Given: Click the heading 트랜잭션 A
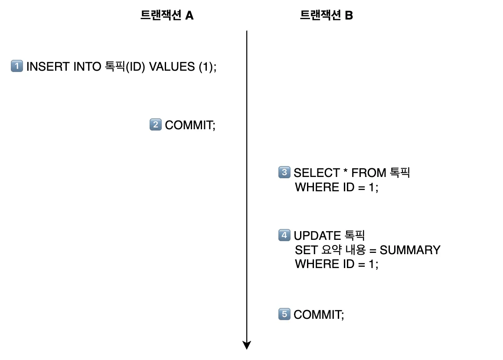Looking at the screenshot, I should pyautogui.click(x=167, y=16).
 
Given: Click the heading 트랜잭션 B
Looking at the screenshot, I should pyautogui.click(x=327, y=16).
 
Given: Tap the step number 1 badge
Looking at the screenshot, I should pyautogui.click(x=16, y=66).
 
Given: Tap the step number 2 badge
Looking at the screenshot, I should pyautogui.click(x=155, y=125).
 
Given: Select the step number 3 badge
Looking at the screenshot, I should pyautogui.click(x=284, y=172).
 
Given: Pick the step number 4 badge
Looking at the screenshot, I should pyautogui.click(x=284, y=236).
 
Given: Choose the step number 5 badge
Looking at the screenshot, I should pyautogui.click(x=284, y=314).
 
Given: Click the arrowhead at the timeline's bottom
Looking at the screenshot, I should pyautogui.click(x=247, y=345).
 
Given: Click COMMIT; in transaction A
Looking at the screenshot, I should pyautogui.click(x=190, y=125).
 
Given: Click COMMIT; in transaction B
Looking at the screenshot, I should pyautogui.click(x=319, y=314).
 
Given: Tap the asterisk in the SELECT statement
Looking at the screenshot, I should pyautogui.click(x=346, y=172).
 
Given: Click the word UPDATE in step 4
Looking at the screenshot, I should pyautogui.click(x=317, y=236).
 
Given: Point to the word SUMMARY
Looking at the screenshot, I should pyautogui.click(x=410, y=250).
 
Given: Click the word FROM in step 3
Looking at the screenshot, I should pyautogui.click(x=369, y=173).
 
